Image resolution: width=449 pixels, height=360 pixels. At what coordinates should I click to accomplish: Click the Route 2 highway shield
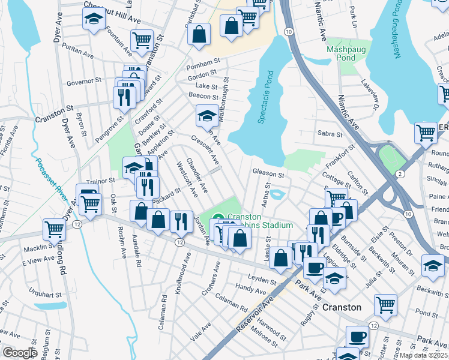click(x=399, y=173)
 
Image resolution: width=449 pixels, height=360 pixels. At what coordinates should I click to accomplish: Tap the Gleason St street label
click(x=268, y=173)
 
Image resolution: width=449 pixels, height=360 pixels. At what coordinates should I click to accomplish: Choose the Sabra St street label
click(x=330, y=135)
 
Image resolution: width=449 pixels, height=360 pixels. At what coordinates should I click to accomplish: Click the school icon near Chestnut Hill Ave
click(x=93, y=20)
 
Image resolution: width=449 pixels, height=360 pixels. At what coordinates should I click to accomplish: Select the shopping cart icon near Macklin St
click(x=54, y=228)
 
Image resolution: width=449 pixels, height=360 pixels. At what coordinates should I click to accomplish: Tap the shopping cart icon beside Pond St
click(x=385, y=303)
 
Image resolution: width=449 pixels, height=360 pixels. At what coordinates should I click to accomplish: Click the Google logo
click(x=19, y=353)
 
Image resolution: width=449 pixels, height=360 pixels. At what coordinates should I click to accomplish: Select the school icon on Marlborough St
click(x=206, y=114)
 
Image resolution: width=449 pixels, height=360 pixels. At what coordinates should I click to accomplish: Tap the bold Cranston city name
click(x=342, y=307)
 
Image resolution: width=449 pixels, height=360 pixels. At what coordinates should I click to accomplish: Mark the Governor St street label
click(x=83, y=81)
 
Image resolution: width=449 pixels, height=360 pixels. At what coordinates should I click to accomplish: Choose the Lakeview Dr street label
click(x=370, y=96)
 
